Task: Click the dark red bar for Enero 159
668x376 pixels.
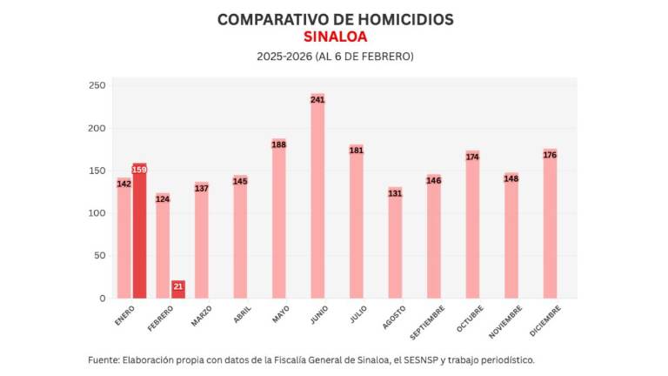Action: click(139, 231)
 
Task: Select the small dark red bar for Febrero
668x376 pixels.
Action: click(178, 290)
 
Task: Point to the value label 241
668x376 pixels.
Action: click(317, 100)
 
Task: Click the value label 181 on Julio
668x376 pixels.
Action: click(357, 151)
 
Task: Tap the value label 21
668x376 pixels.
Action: click(178, 285)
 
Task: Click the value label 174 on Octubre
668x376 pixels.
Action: click(472, 157)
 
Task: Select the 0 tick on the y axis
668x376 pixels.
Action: click(102, 299)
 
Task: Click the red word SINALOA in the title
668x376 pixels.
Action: click(335, 37)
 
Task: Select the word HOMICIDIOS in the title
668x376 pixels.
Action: click(399, 19)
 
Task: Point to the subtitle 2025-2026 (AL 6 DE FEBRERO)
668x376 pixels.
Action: click(335, 57)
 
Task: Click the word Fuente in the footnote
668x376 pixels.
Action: click(107, 359)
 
